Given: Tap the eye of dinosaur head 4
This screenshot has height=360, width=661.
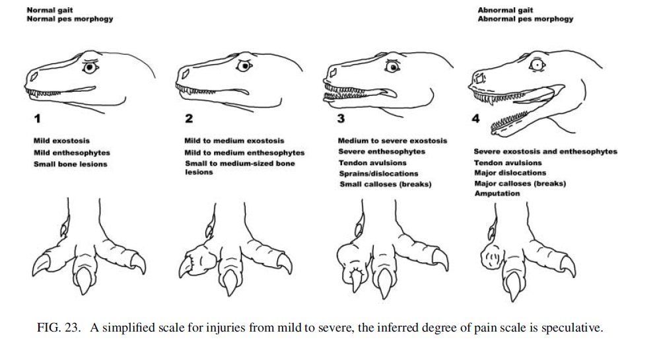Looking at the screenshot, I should point(537,65).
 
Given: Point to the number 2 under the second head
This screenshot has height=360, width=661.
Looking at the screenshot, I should point(189,119).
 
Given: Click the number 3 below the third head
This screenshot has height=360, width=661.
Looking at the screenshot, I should point(341,119).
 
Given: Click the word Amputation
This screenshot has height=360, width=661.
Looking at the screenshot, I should point(497,194).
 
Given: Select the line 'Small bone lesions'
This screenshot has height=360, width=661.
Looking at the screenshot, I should point(70,164).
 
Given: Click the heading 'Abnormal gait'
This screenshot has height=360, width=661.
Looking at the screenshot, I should point(506,10).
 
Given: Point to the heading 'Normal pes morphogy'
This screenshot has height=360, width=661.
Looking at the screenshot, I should point(69,19).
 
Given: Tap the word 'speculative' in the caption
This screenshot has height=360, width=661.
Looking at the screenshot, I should point(574,328).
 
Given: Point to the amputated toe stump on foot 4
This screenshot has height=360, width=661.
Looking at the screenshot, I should point(492,256).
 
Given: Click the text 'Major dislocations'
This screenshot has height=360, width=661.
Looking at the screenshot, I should point(510,173).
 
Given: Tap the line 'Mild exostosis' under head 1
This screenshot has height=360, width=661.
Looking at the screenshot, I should point(61,141).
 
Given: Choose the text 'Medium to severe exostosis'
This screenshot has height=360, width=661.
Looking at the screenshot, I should point(392,141).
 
